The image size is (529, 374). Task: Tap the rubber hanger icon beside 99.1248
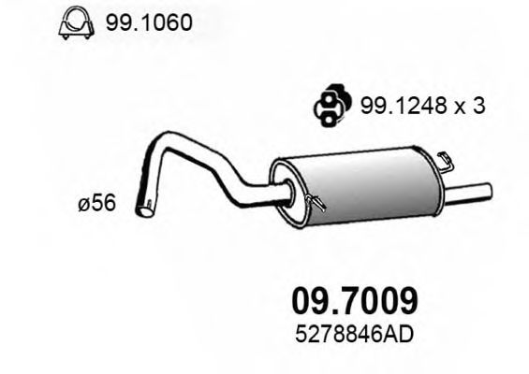pos(327,106)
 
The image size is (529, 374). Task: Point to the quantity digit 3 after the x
pos(478,107)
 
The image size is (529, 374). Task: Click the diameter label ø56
pos(97,204)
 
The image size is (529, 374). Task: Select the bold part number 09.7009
pos(349,301)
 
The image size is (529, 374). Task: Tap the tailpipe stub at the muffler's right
pos(473,193)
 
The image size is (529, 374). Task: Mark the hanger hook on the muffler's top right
pos(446,160)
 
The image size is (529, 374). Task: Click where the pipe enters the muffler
pos(280,195)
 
